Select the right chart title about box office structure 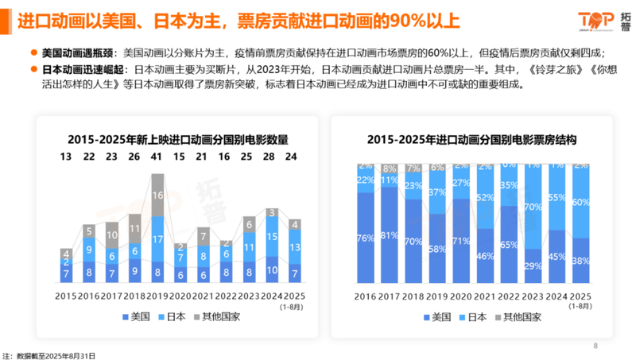tap(471, 139)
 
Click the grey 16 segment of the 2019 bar tap(157, 195)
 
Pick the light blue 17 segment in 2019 tap(157, 239)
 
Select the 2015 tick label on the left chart tap(65, 296)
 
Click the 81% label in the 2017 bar tap(389, 235)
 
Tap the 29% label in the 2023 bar tap(527, 265)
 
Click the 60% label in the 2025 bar tap(582, 202)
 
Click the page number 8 tap(595, 345)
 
